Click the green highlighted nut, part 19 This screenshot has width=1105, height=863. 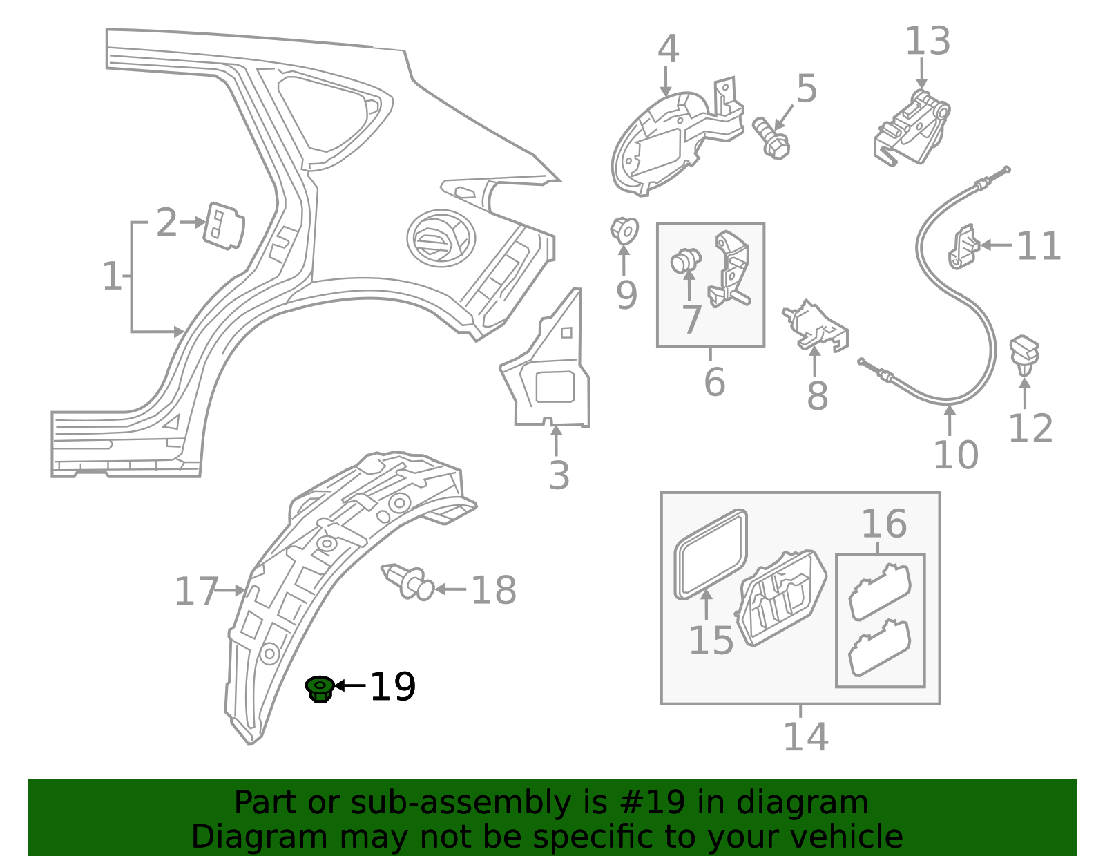(x=320, y=689)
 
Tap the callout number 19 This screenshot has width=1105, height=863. (x=392, y=687)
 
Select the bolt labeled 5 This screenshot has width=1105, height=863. (x=771, y=137)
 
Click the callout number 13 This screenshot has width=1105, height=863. (x=928, y=41)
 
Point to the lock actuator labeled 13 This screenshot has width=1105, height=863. (x=912, y=129)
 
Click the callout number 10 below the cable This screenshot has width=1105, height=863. (x=956, y=455)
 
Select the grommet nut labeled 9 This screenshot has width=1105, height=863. (x=624, y=229)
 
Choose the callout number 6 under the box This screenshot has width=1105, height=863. (x=714, y=382)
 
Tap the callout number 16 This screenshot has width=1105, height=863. (x=883, y=524)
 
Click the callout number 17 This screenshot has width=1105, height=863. (x=195, y=592)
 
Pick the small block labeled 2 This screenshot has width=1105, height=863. (x=223, y=225)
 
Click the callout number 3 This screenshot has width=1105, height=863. (x=559, y=476)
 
